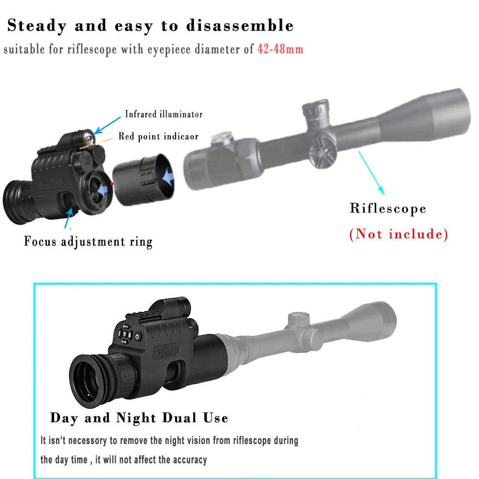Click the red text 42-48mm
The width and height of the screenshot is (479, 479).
pos(280,49)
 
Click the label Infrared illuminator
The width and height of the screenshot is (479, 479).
pos(164,114)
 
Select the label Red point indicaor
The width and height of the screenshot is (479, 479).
pos(158,136)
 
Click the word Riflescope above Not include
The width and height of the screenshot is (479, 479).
pos(388,209)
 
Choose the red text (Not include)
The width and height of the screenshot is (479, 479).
pos(399,234)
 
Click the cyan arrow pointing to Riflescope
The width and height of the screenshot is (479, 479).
pos(373,175)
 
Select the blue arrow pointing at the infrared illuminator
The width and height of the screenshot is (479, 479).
pos(107,122)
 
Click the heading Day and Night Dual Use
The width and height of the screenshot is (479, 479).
pos(139,418)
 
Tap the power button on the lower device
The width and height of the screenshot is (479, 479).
pos(137,336)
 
